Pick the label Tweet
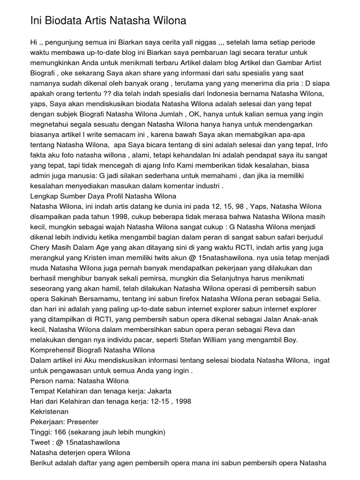tap(40, 442)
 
